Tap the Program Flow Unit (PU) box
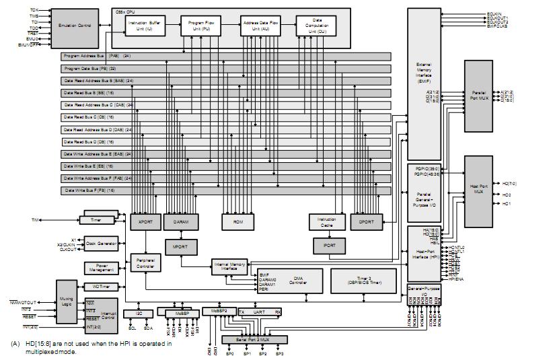(x=196, y=26)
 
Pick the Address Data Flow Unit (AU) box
(x=259, y=26)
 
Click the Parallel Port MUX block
(x=478, y=92)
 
